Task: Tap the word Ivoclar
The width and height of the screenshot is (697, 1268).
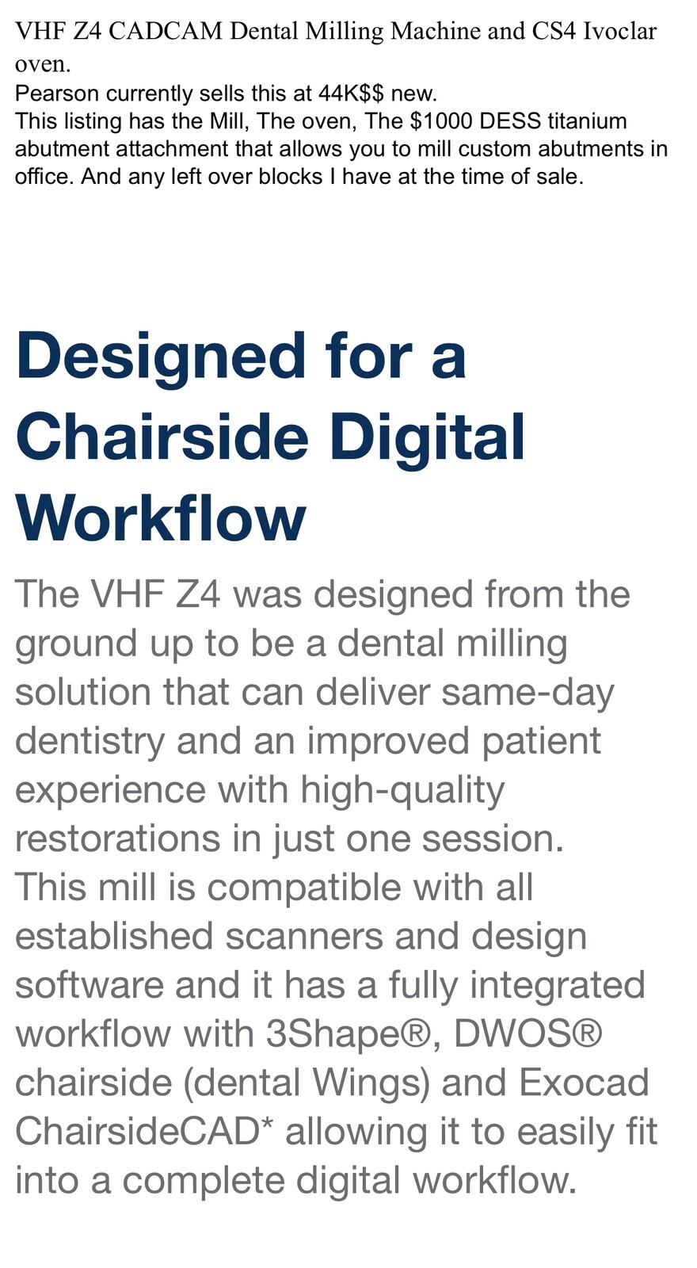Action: click(x=619, y=32)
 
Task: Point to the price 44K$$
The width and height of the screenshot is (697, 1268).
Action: click(x=351, y=94)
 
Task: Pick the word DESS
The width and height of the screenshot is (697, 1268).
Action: click(x=511, y=121)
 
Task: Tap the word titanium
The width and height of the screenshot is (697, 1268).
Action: click(x=587, y=121)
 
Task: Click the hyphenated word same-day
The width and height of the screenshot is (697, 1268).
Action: click(x=528, y=692)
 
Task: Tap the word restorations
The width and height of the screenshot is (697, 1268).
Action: click(x=117, y=838)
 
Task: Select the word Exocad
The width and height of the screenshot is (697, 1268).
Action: click(x=585, y=1083)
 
